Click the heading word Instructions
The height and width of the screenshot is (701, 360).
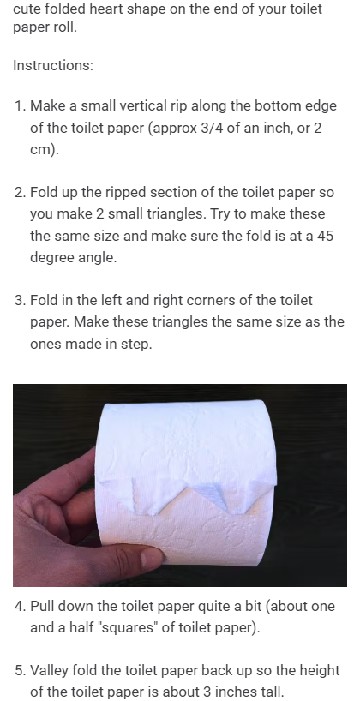pyautogui.click(x=53, y=65)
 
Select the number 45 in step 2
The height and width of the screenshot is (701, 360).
pyautogui.click(x=325, y=236)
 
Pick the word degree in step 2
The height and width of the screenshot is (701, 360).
pyautogui.click(x=51, y=258)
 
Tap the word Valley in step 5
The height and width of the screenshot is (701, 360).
pyautogui.click(x=49, y=671)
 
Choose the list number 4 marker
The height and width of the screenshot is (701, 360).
pyautogui.click(x=20, y=606)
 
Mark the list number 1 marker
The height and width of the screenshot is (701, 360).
pyautogui.click(x=20, y=106)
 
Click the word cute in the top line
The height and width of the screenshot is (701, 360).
pyautogui.click(x=25, y=9)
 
